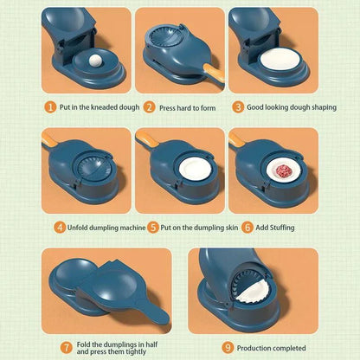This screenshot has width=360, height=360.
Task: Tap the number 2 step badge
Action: pos(150,108)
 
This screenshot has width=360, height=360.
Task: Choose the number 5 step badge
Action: pos(152,228)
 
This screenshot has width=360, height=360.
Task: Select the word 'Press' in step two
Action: pos(169,108)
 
